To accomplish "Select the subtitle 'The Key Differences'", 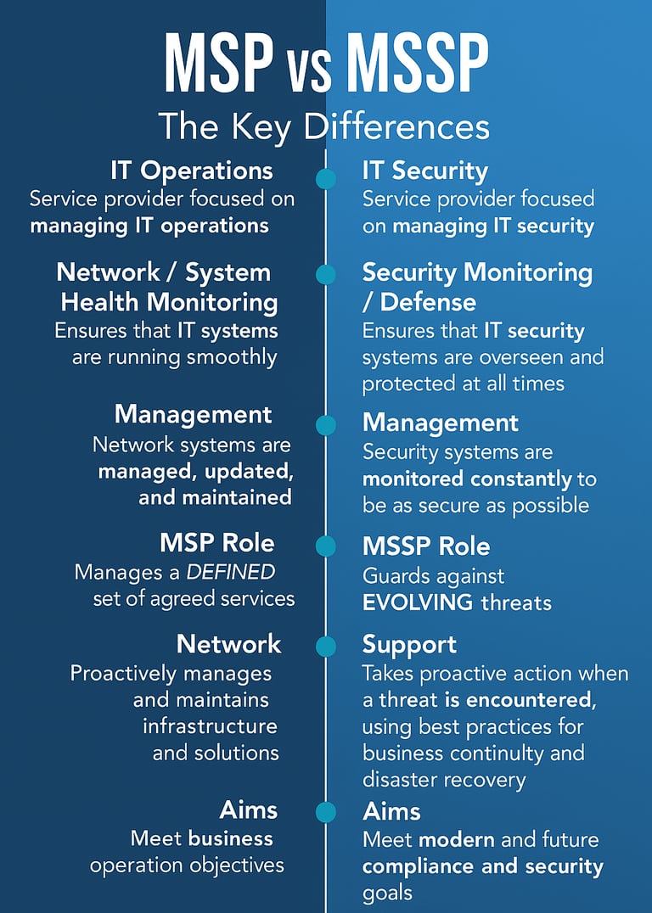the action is pos(324,127).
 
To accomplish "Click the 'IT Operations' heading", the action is pos(191,171).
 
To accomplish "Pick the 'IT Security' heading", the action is pos(425,171).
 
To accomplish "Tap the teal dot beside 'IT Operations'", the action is pos(325,179).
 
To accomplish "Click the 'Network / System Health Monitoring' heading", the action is pos(167,287).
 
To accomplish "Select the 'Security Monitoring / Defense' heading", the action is pos(477,287).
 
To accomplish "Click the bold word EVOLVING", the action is pos(417,603).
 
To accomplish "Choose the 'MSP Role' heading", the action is pos(216,542).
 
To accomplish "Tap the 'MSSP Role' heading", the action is pos(426,546).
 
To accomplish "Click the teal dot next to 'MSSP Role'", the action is pos(325,546).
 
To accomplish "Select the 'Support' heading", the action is pos(409,644).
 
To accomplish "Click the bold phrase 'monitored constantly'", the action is pos(467,479).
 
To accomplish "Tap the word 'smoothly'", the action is pos(234,356).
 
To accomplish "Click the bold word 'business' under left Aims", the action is pos(231,839).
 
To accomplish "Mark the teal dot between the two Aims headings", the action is pos(325,812).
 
